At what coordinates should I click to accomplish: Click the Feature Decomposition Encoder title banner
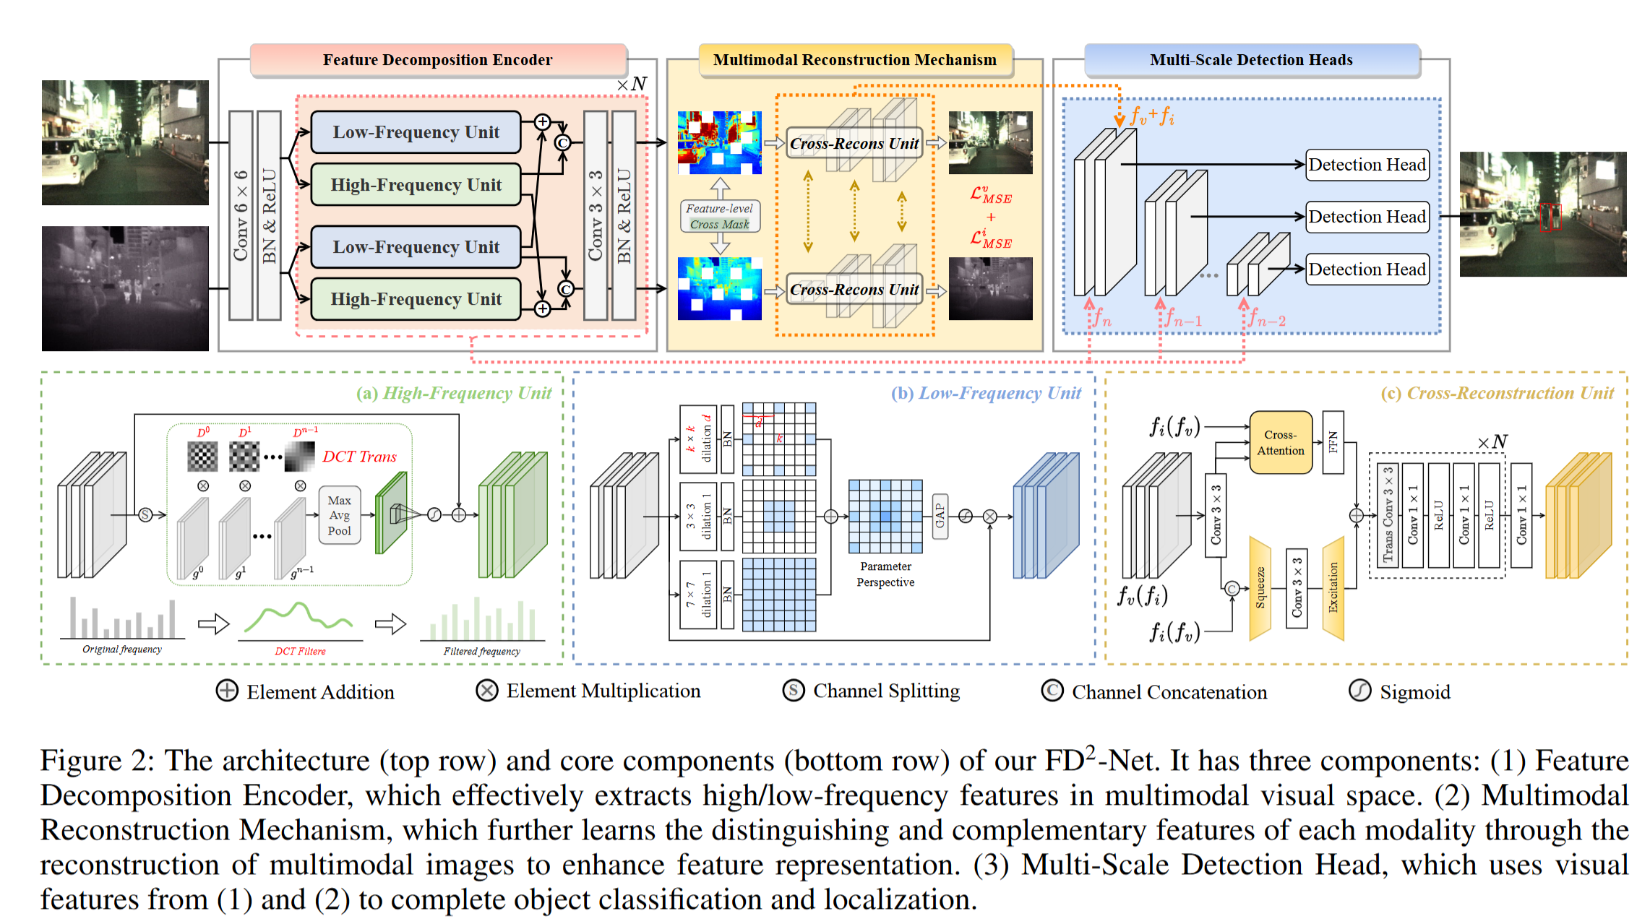coord(437,60)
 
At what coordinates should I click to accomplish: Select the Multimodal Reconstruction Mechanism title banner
coord(854,60)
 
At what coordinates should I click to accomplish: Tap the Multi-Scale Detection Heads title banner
coord(1251,60)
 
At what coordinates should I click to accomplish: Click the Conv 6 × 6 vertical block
coord(241,215)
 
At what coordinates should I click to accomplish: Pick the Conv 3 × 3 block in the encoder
coord(595,215)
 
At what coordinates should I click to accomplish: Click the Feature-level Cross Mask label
coord(719,216)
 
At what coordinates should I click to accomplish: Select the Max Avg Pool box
coord(339,515)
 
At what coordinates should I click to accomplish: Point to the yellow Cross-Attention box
coord(1280,442)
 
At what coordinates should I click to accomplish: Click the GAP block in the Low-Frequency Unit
coord(940,515)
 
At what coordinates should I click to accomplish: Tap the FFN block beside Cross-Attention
coord(1333,442)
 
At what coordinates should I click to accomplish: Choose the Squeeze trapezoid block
coord(1260,588)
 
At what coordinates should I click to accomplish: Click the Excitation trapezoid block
coord(1333,588)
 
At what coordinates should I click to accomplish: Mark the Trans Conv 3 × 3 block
coord(1387,515)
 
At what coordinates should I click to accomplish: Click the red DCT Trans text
coord(359,457)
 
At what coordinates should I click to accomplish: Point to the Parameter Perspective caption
coord(885,574)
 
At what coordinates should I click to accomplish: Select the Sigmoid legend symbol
coord(1359,691)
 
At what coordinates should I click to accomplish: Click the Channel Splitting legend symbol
coord(793,691)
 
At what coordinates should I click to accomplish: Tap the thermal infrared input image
coord(125,288)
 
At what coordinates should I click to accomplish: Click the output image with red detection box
coord(1542,214)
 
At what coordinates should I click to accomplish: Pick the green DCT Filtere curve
coord(298,618)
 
